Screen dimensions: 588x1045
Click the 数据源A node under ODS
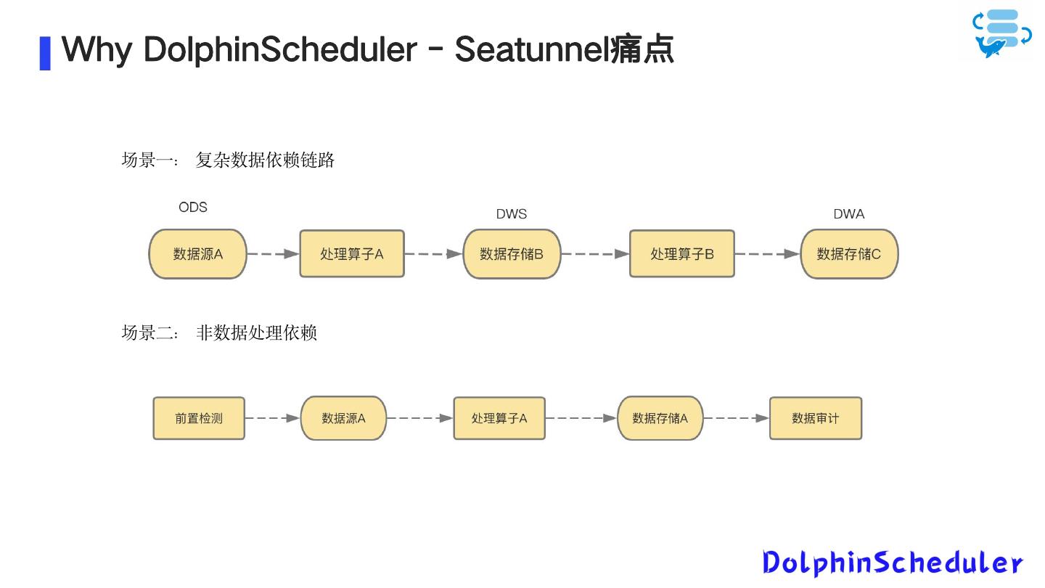(x=197, y=254)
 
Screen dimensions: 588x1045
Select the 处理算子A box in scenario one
(x=352, y=254)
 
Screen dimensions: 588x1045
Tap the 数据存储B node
(x=512, y=254)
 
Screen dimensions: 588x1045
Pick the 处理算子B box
(x=681, y=254)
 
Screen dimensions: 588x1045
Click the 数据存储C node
(x=849, y=254)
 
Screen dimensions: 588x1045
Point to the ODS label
(x=193, y=208)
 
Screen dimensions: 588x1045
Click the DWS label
(x=512, y=214)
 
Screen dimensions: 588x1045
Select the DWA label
(x=849, y=214)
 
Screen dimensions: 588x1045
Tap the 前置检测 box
(x=199, y=418)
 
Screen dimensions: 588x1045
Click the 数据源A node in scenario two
(x=343, y=418)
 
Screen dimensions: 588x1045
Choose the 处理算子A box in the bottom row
(x=499, y=418)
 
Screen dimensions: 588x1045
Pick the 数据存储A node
(x=660, y=418)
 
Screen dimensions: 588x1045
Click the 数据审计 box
(x=816, y=418)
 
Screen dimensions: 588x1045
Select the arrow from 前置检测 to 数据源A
(x=272, y=418)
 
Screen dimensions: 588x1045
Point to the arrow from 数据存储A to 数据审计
(x=736, y=418)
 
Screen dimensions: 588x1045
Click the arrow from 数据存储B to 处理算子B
(x=595, y=254)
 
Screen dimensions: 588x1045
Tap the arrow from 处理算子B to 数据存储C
(x=767, y=254)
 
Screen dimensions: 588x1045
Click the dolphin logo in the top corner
(x=1002, y=33)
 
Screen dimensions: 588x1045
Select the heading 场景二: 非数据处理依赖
(x=219, y=333)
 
